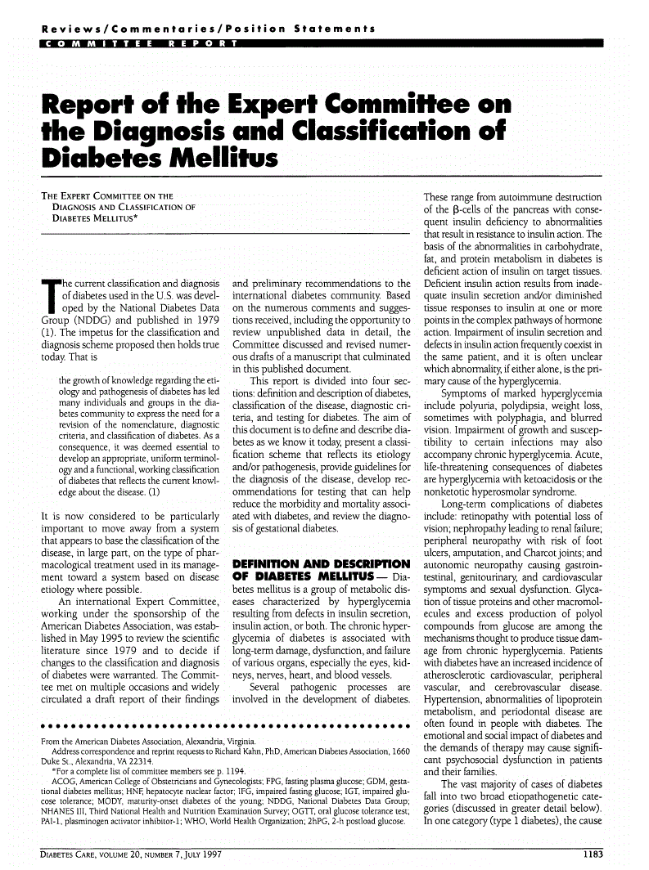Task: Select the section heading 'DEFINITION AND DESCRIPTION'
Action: click(322, 564)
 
